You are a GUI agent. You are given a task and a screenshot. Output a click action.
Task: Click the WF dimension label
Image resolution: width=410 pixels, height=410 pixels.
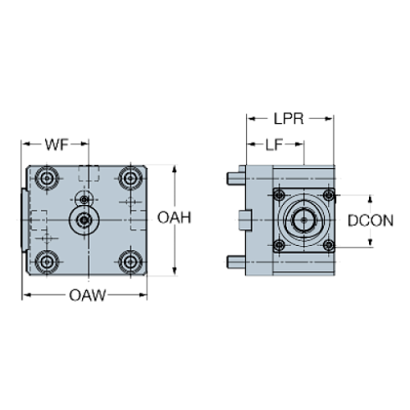[55, 145]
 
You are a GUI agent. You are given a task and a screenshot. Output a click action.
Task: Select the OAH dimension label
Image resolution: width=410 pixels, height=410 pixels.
[175, 218]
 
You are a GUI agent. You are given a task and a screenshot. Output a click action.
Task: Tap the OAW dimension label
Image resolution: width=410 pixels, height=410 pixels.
[87, 295]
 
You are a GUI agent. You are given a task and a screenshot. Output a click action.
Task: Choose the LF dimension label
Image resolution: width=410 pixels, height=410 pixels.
[274, 146]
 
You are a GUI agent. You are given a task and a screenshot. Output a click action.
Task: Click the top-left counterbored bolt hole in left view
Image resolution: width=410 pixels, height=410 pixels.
[44, 178]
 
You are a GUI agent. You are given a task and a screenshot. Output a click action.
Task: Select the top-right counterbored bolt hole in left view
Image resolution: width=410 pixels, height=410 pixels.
[129, 178]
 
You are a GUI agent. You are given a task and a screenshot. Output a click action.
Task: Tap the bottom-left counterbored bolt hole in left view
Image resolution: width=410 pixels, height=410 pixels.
[44, 261]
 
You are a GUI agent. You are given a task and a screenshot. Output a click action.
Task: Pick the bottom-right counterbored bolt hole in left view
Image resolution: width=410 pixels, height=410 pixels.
[129, 261]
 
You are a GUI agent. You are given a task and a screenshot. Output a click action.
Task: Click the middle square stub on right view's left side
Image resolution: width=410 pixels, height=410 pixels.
[243, 220]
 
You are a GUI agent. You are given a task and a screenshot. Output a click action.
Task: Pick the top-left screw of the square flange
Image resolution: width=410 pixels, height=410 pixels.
[279, 196]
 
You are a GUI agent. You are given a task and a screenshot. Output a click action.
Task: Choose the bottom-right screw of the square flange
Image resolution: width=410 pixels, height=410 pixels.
[328, 245]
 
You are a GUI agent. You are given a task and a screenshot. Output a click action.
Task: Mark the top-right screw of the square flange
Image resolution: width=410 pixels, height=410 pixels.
[328, 196]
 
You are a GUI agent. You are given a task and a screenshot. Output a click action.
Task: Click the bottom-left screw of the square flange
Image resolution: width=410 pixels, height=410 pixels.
[279, 245]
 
